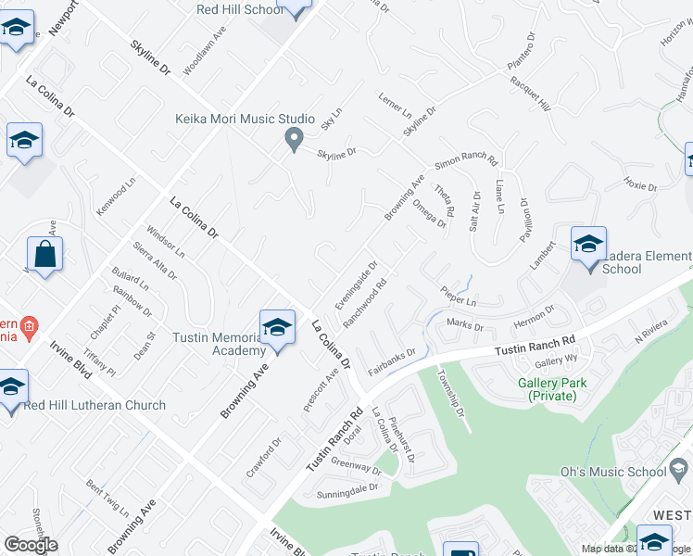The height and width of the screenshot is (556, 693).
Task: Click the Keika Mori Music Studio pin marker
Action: (295, 140)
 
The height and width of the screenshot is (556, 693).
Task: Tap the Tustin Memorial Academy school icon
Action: (277, 327)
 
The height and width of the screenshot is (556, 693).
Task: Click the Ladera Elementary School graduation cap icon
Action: (588, 245)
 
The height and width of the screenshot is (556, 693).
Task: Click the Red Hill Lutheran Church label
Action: (95, 405)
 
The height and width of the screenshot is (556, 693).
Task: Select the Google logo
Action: (31, 545)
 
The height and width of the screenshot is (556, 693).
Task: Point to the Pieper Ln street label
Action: (458, 298)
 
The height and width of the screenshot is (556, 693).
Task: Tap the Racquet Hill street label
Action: (530, 95)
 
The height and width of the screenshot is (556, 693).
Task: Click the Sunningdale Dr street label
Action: (348, 487)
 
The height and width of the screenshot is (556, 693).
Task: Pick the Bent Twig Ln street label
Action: (107, 498)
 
